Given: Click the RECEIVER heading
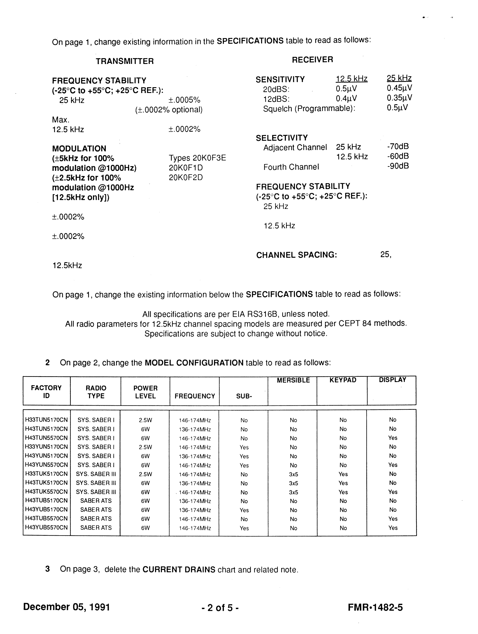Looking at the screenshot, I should pyautogui.click(x=313, y=60).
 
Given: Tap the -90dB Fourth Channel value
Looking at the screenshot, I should pyautogui.click(x=398, y=166).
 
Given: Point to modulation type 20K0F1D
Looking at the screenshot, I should pyautogui.click(x=186, y=168).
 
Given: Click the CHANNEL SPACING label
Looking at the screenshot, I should pyautogui.click(x=296, y=255).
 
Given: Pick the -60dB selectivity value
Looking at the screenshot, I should pyautogui.click(x=398, y=156).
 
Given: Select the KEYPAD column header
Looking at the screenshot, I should pyautogui.click(x=343, y=380).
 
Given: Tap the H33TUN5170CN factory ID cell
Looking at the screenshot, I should pyautogui.click(x=46, y=420).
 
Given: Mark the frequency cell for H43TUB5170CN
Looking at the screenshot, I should pyautogui.click(x=195, y=501).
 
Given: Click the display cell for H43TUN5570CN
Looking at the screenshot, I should pyautogui.click(x=393, y=438).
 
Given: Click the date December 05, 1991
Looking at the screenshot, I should pyautogui.click(x=66, y=607).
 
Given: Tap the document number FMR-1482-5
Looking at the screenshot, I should pyautogui.click(x=375, y=607).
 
